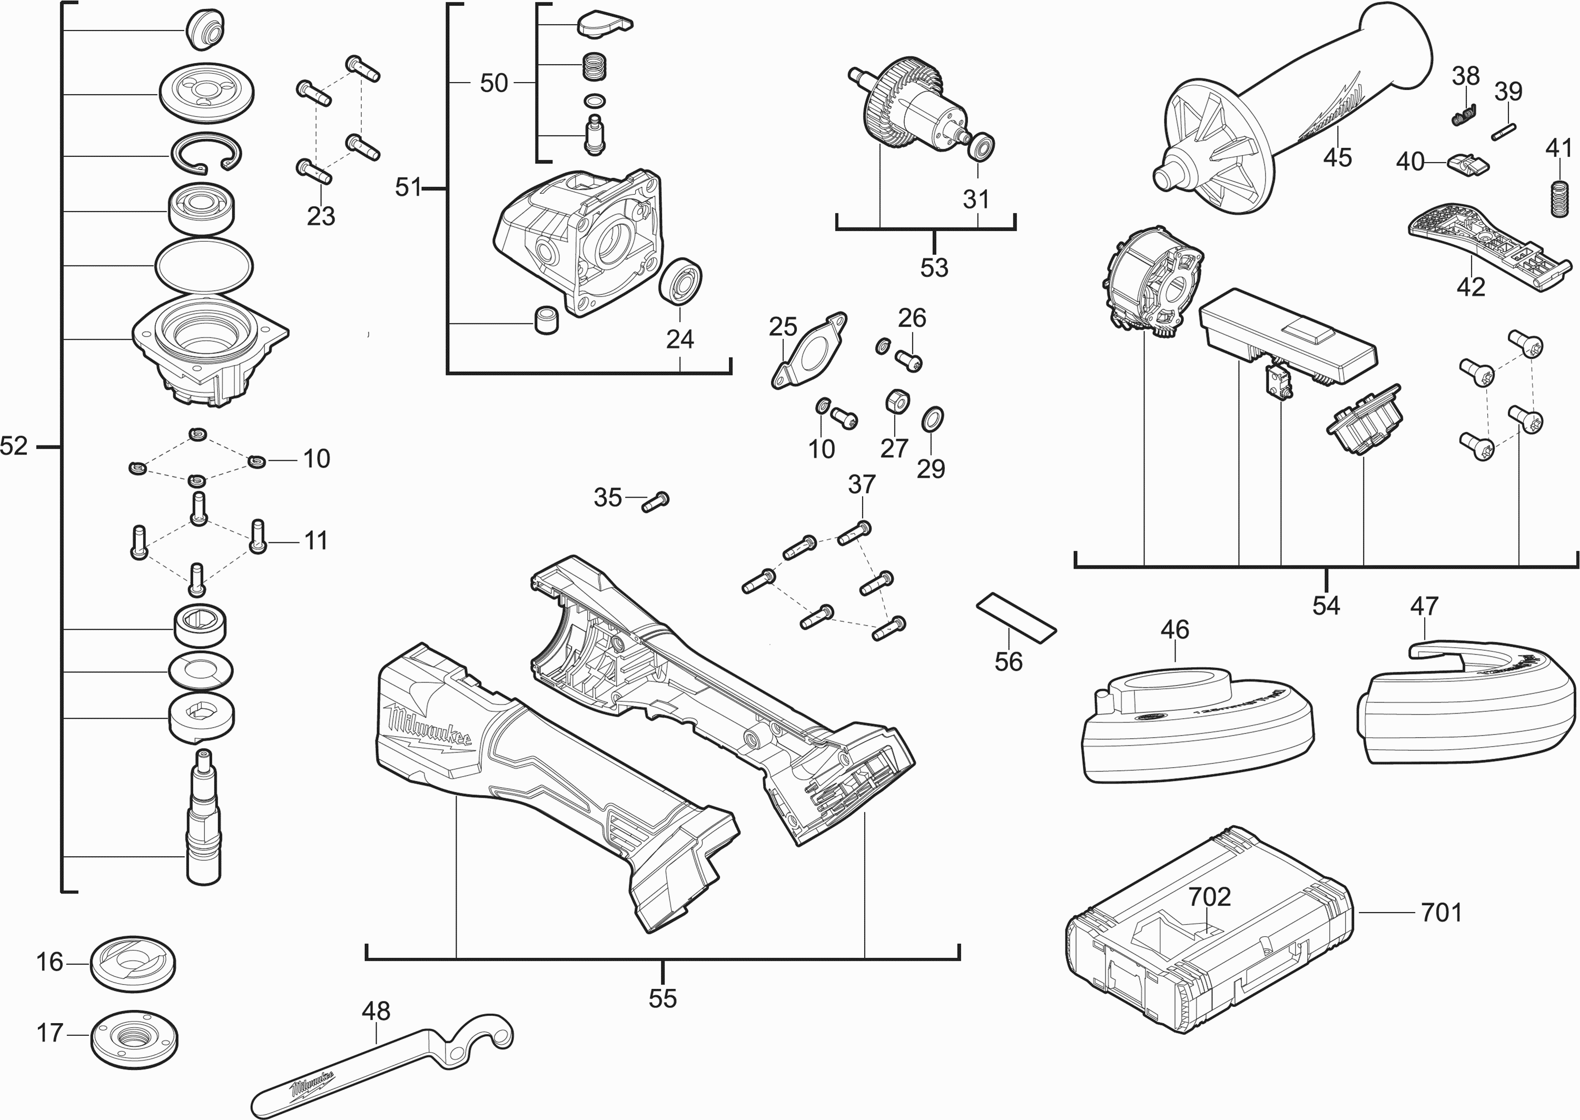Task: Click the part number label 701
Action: [x=1441, y=913]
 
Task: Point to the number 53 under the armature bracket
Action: [x=934, y=267]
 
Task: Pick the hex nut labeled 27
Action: [x=896, y=401]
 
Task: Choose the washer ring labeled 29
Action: [x=932, y=419]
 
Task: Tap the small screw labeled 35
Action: [x=656, y=501]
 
